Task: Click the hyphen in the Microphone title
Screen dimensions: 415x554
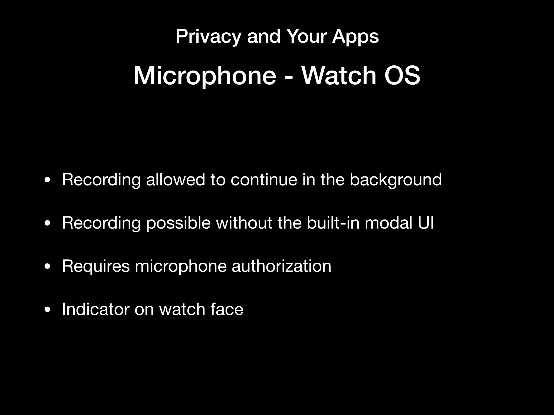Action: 289,77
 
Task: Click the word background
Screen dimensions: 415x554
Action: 395,180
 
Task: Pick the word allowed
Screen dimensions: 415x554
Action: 176,180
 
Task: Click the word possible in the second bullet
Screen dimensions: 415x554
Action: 178,223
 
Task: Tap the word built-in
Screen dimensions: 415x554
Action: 333,223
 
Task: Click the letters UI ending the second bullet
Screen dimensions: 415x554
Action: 426,223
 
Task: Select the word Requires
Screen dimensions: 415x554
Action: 96,266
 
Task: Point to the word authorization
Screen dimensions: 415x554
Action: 281,266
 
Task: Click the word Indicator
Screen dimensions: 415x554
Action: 96,309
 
